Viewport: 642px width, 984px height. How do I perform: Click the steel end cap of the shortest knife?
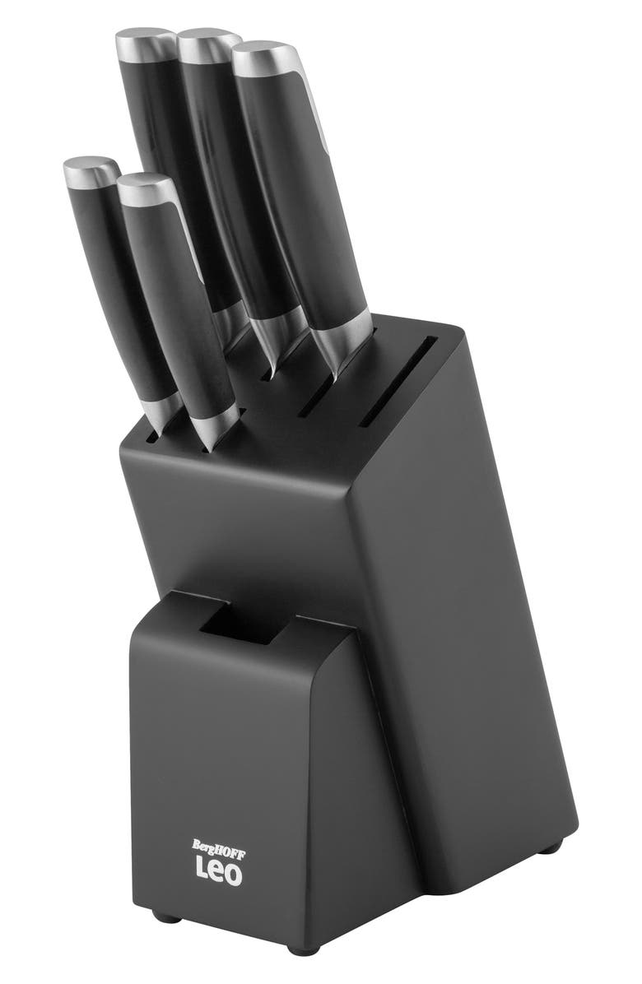(x=91, y=170)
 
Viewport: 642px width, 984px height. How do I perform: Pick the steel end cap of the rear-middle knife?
(x=207, y=44)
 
